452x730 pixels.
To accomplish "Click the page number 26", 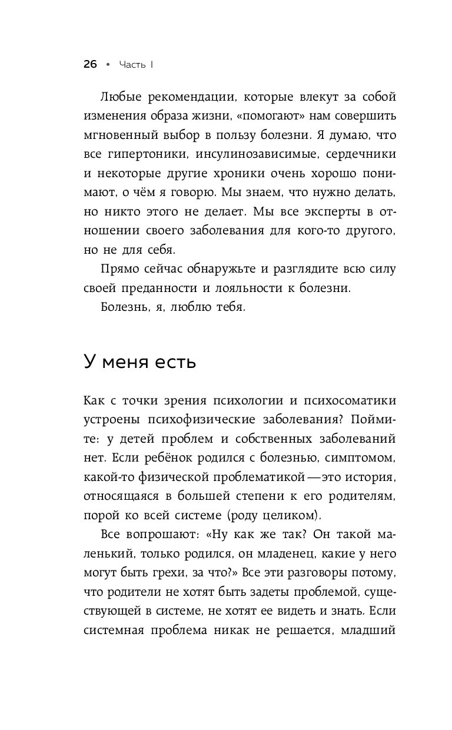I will [x=90, y=65].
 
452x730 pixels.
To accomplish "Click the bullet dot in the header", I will [x=107, y=65].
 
